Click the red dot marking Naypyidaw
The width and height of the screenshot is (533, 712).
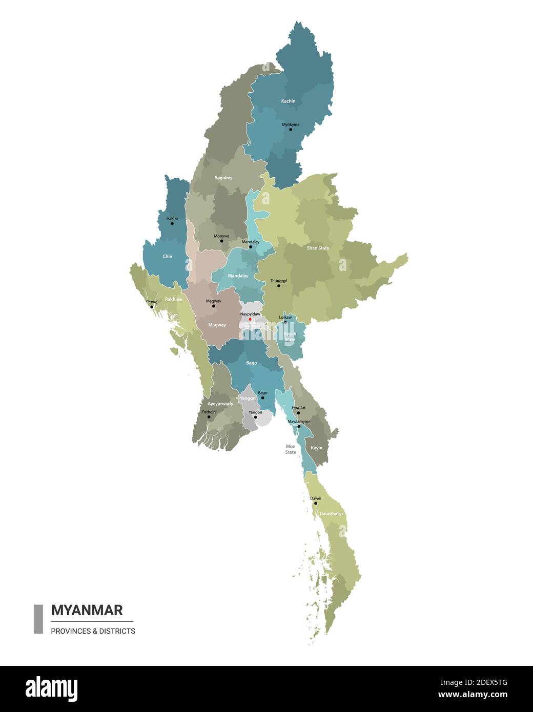pos(250,319)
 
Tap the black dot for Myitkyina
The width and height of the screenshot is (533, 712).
pos(291,130)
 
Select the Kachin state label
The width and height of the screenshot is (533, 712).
pos(289,101)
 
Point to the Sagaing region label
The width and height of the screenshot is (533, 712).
pos(223,178)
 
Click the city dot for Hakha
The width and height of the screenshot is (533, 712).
pos(172,223)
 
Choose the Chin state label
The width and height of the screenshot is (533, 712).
pos(168,256)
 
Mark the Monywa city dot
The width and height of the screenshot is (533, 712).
pos(222,241)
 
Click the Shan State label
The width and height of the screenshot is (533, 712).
pos(318,248)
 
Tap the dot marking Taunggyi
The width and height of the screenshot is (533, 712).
pos(279,286)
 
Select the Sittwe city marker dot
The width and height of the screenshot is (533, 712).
pos(151,307)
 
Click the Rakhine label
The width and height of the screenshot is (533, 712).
pos(173,299)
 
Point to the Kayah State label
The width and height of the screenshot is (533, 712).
pos(290,337)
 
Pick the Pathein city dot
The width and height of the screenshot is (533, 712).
pos(209,417)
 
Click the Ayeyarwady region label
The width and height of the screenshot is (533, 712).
pos(220,404)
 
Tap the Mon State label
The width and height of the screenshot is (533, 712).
pos(291,449)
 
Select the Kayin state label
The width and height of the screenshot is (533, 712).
pos(317,448)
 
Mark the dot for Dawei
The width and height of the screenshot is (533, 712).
pos(316,504)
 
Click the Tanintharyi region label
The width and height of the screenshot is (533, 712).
pos(331,513)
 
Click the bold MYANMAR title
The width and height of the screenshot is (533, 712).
pos(87,610)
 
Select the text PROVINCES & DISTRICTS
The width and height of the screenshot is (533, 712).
pos(93,631)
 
